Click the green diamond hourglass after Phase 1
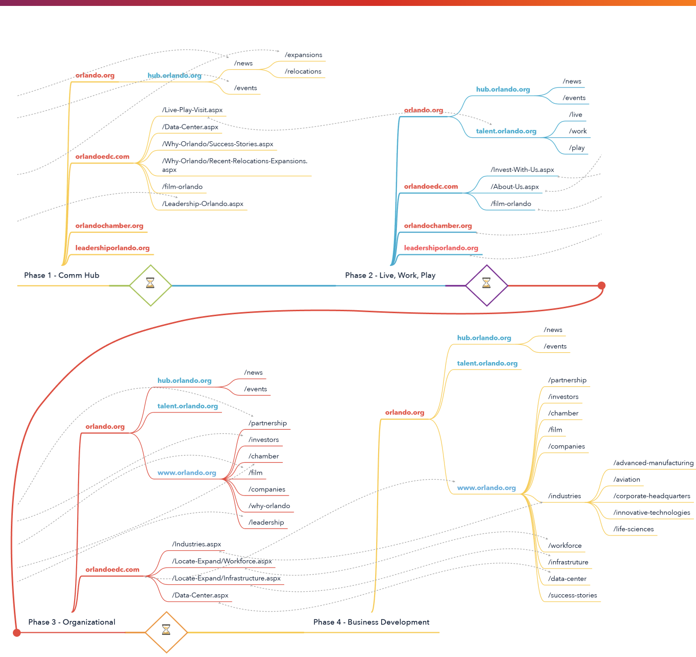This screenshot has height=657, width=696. point(150,285)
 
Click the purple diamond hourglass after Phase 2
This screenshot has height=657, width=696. point(486,285)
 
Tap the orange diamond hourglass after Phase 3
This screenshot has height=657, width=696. point(166,632)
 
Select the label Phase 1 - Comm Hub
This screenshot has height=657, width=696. point(62,275)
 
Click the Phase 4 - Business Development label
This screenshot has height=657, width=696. point(371,622)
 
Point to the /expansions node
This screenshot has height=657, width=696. point(304,55)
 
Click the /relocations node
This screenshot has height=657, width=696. point(303,71)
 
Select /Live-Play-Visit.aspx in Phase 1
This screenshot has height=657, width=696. point(192,110)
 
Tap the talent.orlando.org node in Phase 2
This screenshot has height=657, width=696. point(506,131)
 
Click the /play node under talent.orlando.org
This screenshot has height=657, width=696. point(576,148)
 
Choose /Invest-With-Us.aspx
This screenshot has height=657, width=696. point(522,169)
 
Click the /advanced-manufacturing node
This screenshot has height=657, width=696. point(653,463)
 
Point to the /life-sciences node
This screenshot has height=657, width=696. point(633,529)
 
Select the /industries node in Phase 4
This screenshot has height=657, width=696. point(564,496)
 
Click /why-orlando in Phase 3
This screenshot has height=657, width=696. point(269,506)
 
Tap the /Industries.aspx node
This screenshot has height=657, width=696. point(196,544)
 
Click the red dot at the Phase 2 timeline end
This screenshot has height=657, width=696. point(602,286)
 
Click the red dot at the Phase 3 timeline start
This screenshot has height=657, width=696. point(17,632)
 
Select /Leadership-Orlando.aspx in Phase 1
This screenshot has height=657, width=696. point(203,204)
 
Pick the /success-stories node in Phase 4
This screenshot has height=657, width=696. point(572,595)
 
